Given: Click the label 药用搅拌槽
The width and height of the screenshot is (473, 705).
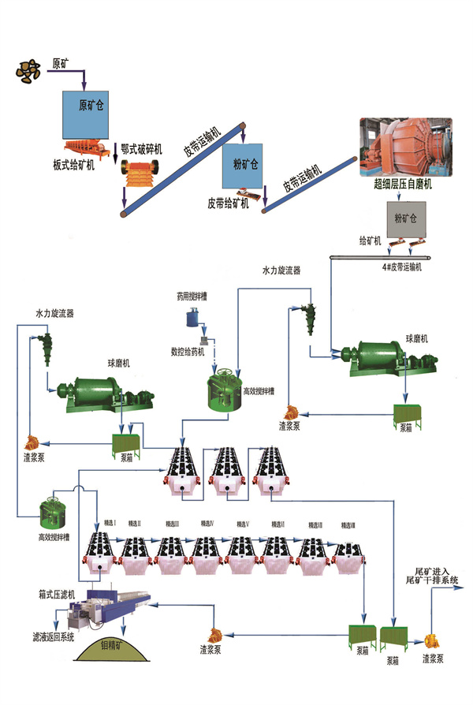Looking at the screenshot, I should click(x=195, y=297).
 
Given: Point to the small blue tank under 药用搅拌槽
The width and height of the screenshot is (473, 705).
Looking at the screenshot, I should click(x=192, y=317).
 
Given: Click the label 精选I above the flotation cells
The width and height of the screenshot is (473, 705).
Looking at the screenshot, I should click(x=110, y=523).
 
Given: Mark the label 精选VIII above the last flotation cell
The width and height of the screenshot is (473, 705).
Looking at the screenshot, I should click(x=348, y=525).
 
